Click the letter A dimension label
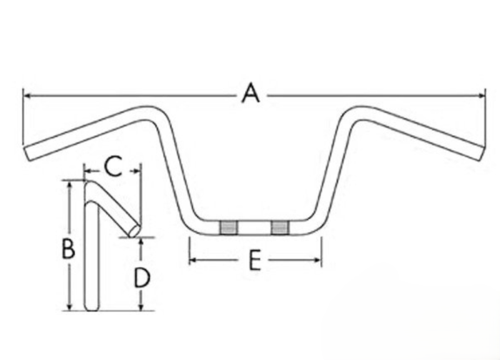(x=250, y=94)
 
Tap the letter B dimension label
(x=68, y=249)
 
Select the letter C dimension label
(x=112, y=166)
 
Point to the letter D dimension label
(x=142, y=276)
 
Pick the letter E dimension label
(x=254, y=261)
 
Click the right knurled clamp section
(x=279, y=227)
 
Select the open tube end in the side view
(x=134, y=230)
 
